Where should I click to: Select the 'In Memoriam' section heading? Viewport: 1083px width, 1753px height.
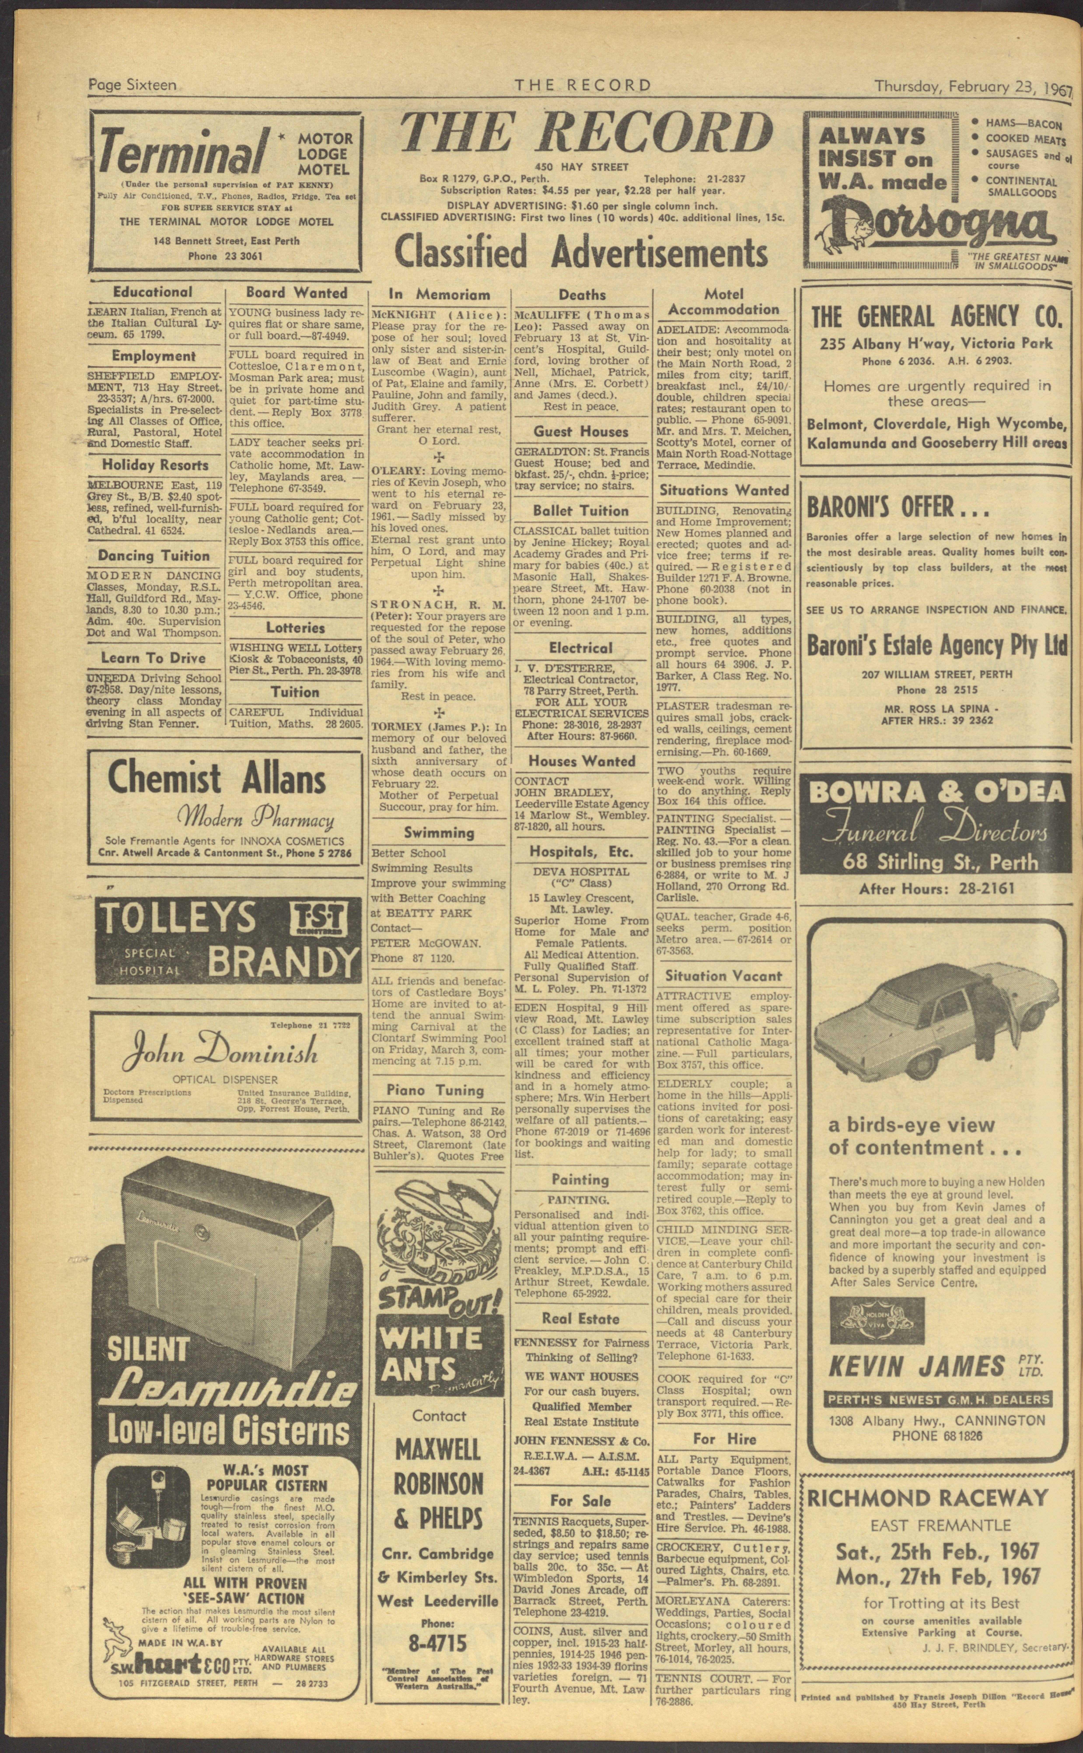coord(439,294)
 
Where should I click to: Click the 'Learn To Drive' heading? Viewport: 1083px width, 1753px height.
coord(153,658)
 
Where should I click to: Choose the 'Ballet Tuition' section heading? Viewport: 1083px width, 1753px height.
coord(580,511)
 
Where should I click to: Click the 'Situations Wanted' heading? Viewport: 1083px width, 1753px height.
coord(723,491)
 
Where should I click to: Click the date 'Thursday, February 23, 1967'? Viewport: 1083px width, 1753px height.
coord(973,87)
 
